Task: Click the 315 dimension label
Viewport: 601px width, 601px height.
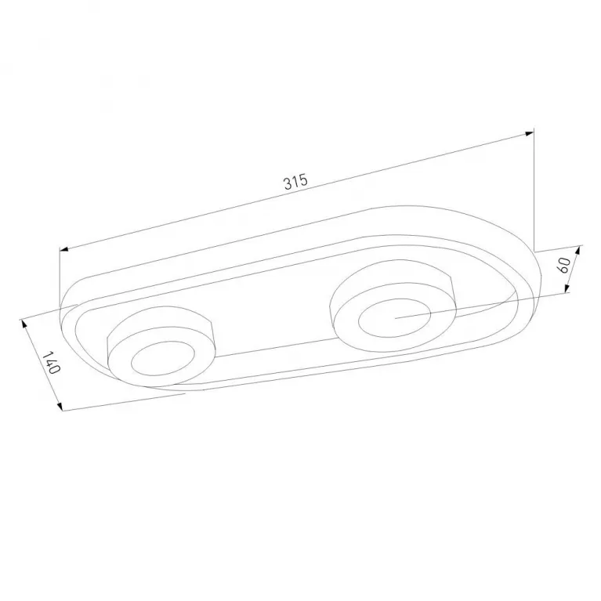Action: (x=296, y=182)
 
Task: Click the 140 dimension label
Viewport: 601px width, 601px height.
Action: (x=51, y=363)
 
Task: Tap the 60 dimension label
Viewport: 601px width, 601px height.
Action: (x=564, y=265)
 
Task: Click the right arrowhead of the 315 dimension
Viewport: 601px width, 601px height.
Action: (x=530, y=133)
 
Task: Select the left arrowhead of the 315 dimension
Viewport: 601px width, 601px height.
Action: (x=64, y=249)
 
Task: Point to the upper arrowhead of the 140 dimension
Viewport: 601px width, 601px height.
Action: (x=24, y=324)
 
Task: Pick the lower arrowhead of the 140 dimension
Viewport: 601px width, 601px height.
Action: (x=59, y=406)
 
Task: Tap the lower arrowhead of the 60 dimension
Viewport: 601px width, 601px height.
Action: (x=567, y=288)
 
